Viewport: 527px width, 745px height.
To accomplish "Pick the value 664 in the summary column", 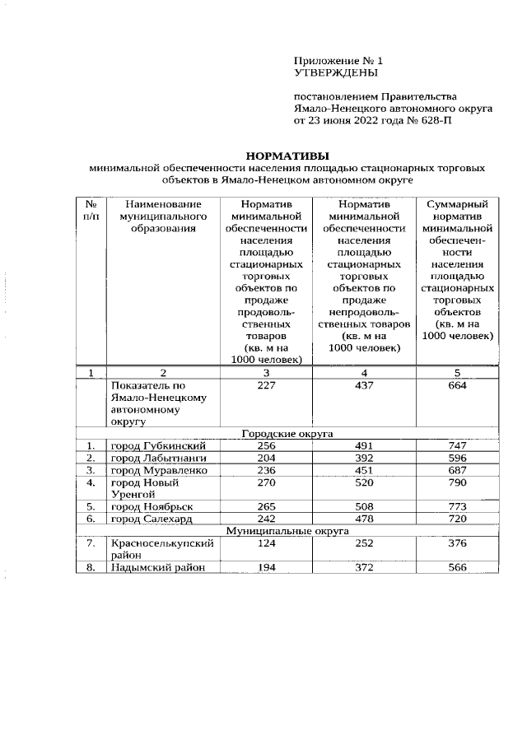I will click(456, 386).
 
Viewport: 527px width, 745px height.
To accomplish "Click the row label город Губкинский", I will click(157, 445).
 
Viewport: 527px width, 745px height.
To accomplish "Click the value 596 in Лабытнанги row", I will click(456, 457).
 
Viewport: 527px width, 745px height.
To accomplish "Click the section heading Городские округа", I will click(287, 433).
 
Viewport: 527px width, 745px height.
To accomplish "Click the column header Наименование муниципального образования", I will click(160, 217).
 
